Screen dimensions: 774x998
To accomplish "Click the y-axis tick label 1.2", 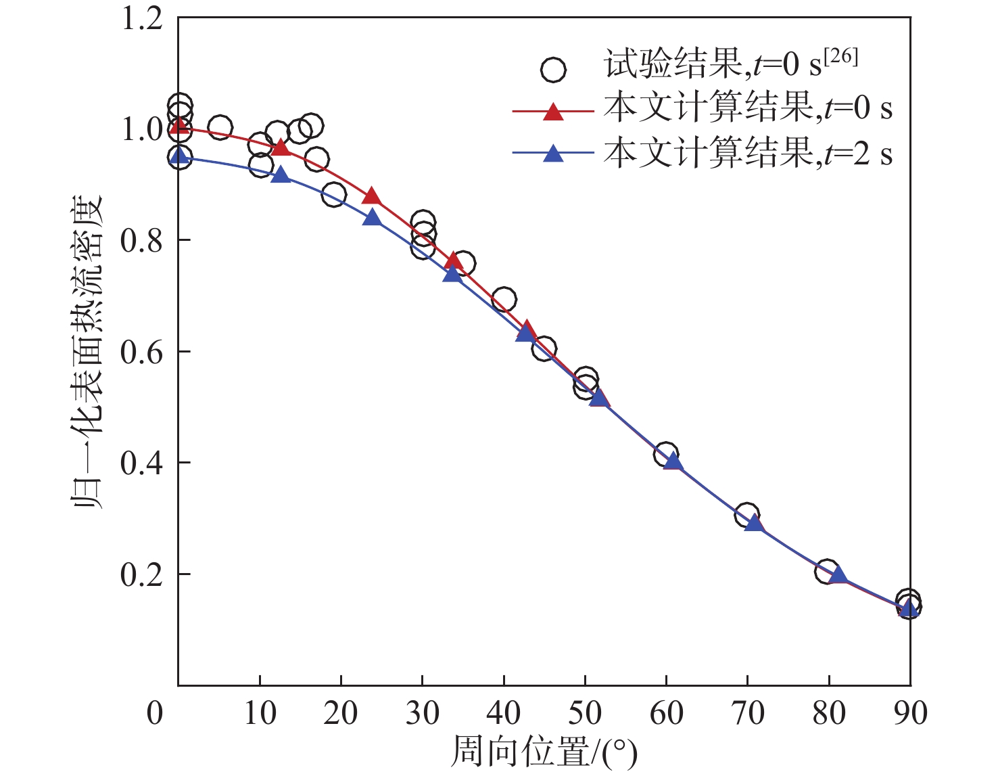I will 142,18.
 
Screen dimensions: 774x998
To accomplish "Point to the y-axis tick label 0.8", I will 142,241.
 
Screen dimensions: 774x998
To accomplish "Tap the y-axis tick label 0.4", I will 142,463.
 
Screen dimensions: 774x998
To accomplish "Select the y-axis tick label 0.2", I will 142,574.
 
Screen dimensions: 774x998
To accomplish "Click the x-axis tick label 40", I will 504,713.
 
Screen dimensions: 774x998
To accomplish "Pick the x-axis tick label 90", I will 910,713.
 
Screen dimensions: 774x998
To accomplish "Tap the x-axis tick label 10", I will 260,713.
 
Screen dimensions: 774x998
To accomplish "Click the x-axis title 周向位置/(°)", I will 544,752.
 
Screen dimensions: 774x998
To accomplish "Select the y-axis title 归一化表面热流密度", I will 88,352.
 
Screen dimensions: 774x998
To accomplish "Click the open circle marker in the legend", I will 553,69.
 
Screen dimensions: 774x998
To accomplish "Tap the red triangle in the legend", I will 553,111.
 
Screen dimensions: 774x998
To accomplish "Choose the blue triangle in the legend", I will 553,154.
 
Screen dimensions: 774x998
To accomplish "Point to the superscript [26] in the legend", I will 841,57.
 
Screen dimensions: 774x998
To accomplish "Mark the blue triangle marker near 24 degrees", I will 372,218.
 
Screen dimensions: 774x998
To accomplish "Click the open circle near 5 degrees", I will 220,127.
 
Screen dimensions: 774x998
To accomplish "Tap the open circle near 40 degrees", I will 504,299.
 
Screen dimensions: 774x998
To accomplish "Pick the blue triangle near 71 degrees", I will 754,522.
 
